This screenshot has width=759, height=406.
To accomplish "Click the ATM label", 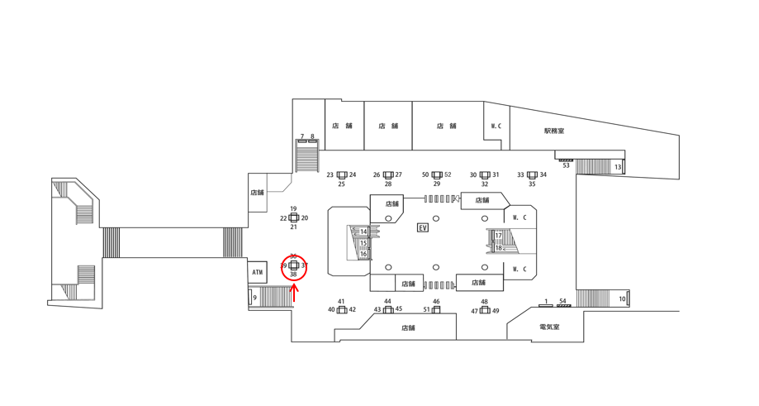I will (x=257, y=272).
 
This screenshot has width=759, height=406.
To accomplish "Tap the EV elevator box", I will (x=423, y=227).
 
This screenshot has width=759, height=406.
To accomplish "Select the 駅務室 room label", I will (x=554, y=131).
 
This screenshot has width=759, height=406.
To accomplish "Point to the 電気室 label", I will (x=549, y=327).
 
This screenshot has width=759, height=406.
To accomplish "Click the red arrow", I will (x=294, y=291).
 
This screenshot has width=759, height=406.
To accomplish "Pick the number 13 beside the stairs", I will (x=618, y=167).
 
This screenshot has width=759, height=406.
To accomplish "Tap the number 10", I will (x=623, y=299).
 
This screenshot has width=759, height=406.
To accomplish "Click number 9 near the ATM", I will (x=254, y=297).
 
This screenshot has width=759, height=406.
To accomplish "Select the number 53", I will (x=567, y=165).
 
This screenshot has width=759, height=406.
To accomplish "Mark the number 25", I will (x=342, y=184).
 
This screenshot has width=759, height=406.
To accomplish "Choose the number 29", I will (x=437, y=184).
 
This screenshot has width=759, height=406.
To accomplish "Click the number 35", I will (x=532, y=184).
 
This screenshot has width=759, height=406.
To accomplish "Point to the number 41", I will (x=342, y=302).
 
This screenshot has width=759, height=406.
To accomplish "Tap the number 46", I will (x=436, y=302).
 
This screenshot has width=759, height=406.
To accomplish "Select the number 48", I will (x=485, y=302).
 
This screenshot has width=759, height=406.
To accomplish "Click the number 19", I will (x=293, y=209).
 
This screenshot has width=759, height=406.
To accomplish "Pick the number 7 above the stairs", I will (x=302, y=137).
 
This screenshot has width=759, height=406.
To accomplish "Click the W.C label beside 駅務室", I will (x=496, y=126).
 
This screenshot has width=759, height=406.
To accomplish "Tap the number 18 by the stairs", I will (x=499, y=247).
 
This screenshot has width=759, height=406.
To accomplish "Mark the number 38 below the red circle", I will (x=293, y=275).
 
